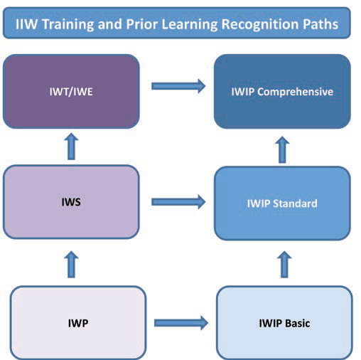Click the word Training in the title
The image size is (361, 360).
point(68,25)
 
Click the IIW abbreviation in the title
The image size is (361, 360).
point(26,24)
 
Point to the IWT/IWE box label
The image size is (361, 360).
point(71,92)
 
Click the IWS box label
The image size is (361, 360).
point(71,202)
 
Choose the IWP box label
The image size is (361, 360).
point(78,323)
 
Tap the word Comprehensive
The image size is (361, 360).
point(295,92)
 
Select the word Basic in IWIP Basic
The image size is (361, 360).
point(298,323)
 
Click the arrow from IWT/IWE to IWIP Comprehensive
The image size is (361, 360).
point(178,86)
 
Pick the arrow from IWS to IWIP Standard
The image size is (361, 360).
point(178,202)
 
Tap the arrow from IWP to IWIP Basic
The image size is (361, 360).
point(181,323)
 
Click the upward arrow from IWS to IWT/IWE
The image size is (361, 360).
point(71,147)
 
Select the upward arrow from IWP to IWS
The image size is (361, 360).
point(71,265)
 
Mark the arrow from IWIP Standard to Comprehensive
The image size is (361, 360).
point(282,149)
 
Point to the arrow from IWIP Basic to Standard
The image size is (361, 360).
point(284,265)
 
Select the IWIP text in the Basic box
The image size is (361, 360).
point(271,323)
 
